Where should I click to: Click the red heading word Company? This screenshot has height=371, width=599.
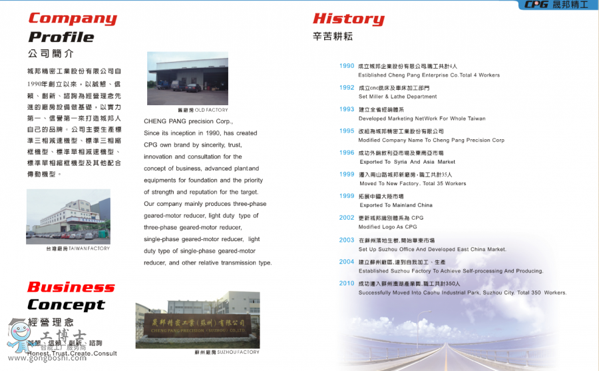[72, 18]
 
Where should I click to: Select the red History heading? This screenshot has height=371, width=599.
[348, 19]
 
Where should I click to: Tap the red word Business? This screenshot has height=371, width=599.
[71, 287]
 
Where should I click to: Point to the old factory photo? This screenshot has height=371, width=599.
[187, 78]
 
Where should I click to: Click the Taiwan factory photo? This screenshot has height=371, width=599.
[69, 216]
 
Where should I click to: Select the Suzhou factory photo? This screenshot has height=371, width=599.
[197, 319]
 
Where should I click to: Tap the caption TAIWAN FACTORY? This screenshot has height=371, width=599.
[77, 248]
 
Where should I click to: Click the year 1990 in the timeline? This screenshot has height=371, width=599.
[347, 66]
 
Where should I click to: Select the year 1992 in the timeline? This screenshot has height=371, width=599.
[347, 87]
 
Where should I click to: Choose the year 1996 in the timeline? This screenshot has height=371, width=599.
[347, 153]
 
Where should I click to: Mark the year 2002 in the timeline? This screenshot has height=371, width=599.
[347, 218]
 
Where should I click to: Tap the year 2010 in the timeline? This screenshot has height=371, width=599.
[347, 283]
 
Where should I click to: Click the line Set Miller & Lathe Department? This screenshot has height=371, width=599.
[397, 97]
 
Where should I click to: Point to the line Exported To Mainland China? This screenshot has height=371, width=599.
[395, 205]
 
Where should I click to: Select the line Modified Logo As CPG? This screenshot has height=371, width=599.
[387, 227]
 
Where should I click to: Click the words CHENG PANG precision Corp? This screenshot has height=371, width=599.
[188, 122]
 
